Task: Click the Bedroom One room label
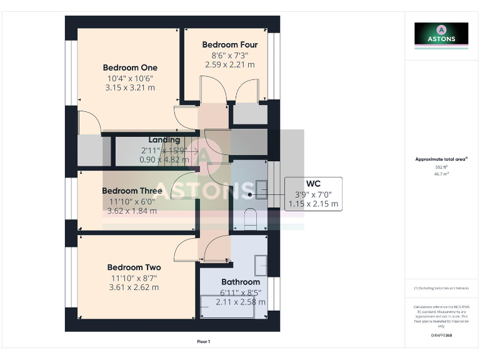click(130, 67)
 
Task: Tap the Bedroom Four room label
click(230, 45)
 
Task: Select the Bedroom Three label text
click(132, 191)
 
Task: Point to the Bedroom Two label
click(134, 267)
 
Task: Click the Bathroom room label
click(241, 282)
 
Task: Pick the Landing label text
click(164, 140)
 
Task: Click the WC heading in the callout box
click(313, 184)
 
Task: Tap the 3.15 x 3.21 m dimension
click(130, 88)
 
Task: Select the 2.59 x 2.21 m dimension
click(230, 64)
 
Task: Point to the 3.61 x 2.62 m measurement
click(134, 287)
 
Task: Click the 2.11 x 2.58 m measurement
click(241, 302)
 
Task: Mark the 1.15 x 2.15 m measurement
click(313, 204)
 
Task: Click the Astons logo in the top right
click(441, 34)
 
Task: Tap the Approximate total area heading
click(441, 159)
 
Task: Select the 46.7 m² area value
click(441, 174)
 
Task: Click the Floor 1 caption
click(203, 342)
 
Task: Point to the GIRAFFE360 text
click(441, 336)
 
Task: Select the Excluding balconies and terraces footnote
click(441, 288)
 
